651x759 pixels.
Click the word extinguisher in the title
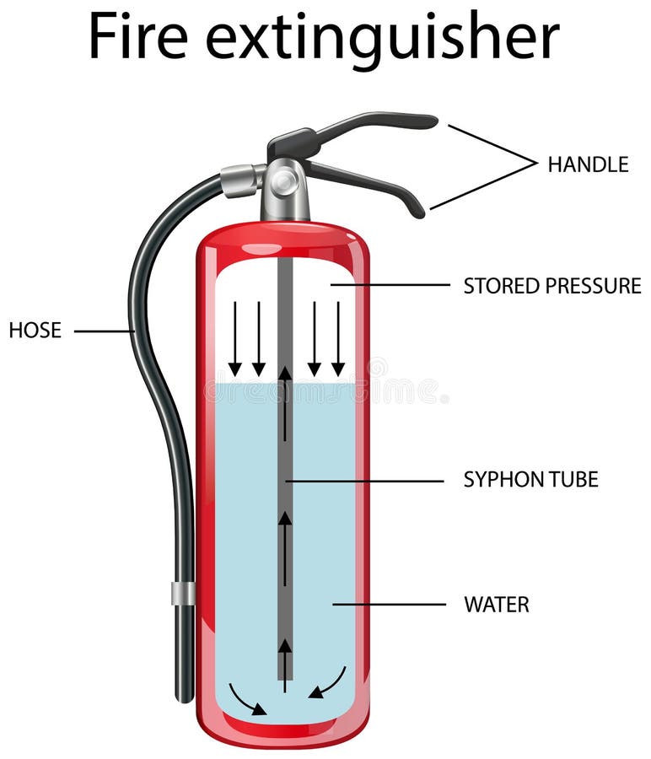click(x=382, y=38)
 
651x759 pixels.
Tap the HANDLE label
click(x=588, y=164)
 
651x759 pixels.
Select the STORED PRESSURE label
click(x=552, y=286)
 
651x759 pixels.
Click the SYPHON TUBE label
click(x=530, y=480)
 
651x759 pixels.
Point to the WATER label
click(x=497, y=605)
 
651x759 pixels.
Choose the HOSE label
click(x=35, y=331)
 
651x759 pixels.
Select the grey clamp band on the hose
click(x=183, y=593)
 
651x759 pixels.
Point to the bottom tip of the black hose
click(x=185, y=697)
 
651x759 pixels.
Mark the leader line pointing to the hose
click(x=103, y=331)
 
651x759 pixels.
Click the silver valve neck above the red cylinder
click(x=284, y=202)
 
